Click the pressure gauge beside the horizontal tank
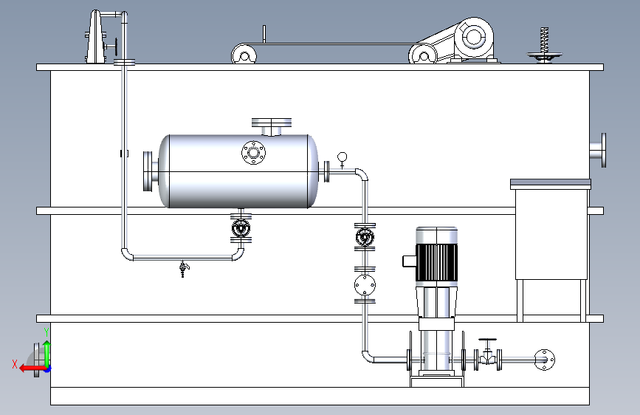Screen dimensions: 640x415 [x=342, y=160]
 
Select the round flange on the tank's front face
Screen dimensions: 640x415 [x=253, y=153]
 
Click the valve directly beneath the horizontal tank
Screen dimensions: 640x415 [x=241, y=228]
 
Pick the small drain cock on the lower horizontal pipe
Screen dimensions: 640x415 [x=184, y=268]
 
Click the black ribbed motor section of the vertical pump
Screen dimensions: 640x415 [x=436, y=263]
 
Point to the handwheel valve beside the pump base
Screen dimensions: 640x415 [x=487, y=354]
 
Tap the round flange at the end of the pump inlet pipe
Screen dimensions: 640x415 [x=545, y=360]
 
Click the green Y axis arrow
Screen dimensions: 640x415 [x=47, y=354]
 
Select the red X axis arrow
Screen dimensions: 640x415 [x=33, y=368]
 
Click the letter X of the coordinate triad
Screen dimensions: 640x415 [x=15, y=364]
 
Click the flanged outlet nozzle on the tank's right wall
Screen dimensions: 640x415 [x=598, y=150]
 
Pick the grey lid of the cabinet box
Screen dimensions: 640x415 [x=551, y=183]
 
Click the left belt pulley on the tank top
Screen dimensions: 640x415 [x=244, y=55]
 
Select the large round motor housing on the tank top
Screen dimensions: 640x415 [x=474, y=38]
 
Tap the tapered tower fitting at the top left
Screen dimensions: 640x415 [x=95, y=37]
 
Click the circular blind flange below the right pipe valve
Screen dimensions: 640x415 [x=365, y=285]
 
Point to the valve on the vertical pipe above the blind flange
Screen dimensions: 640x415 [x=365, y=236]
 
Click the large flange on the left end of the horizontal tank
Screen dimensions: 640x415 [x=148, y=171]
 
